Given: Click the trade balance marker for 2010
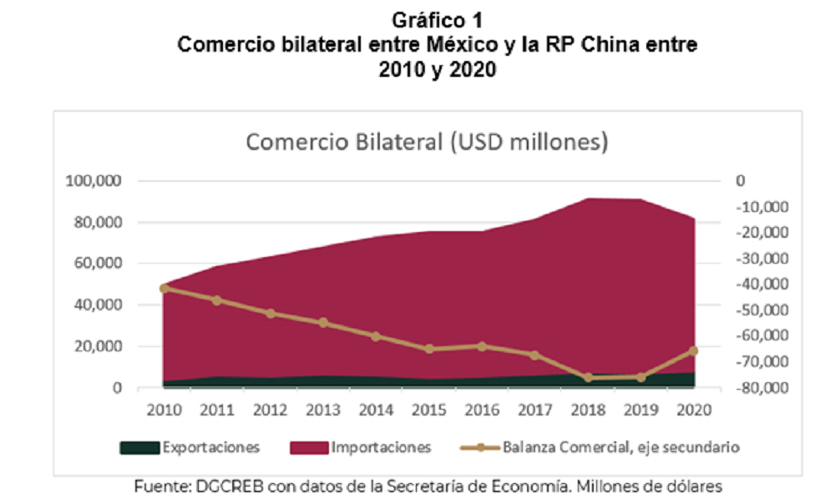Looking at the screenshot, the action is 164,289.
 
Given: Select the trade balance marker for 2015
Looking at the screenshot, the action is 429,349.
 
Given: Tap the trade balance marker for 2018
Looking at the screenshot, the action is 588,377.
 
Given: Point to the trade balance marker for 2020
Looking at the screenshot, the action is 693,351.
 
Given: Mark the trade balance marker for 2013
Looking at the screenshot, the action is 323,323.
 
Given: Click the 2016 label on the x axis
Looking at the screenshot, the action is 482,410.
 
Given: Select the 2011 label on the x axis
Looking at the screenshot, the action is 217,410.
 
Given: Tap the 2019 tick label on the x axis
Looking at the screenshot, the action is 640,410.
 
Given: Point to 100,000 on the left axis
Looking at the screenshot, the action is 94,181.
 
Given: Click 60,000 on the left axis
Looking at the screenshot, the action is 98,264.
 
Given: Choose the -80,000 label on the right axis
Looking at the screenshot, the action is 762,388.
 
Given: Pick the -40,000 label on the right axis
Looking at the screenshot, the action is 762,285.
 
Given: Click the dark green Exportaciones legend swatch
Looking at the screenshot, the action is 139,447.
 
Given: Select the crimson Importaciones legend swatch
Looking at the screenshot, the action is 309,447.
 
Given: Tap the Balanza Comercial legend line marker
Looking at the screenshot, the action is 480,447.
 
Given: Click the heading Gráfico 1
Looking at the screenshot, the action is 438,20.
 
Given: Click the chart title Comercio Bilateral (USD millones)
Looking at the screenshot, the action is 427,142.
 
